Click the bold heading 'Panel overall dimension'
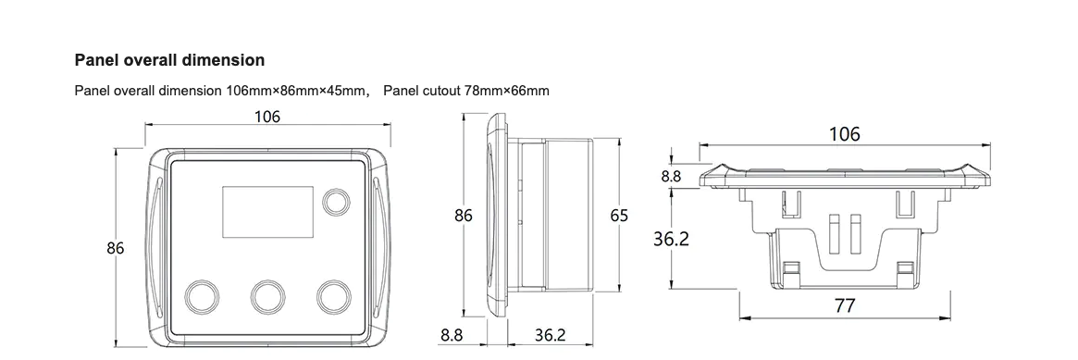[169, 60]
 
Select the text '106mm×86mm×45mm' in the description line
[298, 91]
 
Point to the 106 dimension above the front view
[267, 117]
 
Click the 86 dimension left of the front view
[116, 248]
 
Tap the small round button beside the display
[336, 201]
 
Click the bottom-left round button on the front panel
[202, 295]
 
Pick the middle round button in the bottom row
[267, 295]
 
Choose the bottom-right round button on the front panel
[334, 295]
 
